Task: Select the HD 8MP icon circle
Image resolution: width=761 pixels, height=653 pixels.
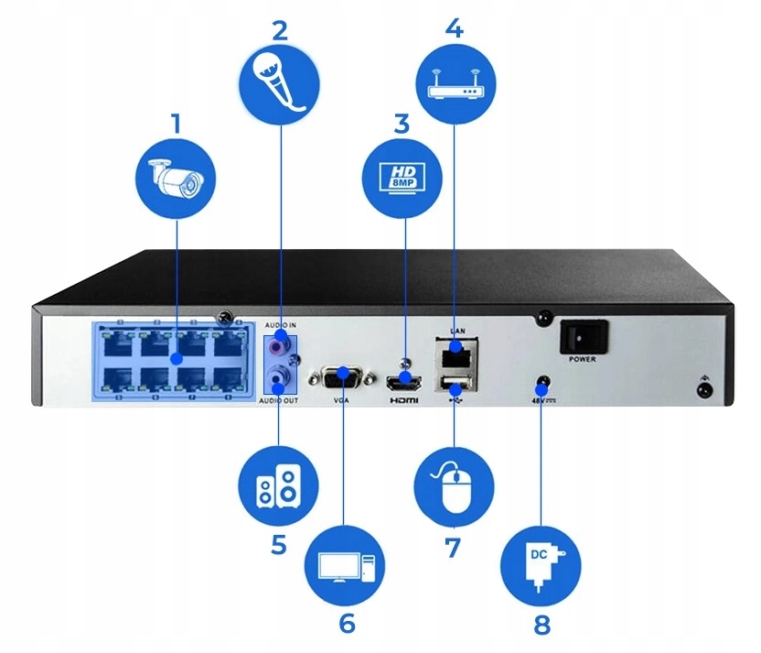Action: (402, 177)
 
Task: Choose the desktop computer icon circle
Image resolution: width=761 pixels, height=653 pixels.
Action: (346, 565)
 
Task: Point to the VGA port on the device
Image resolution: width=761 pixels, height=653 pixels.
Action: (340, 376)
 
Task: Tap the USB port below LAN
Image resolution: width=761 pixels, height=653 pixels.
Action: (454, 382)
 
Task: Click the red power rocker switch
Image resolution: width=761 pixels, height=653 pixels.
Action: (583, 335)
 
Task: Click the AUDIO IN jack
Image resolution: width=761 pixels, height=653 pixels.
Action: (280, 347)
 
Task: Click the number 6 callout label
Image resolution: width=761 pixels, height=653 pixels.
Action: (347, 623)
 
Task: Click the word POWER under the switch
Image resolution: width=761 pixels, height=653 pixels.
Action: (583, 359)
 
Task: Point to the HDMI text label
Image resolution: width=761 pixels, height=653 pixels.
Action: (403, 402)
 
